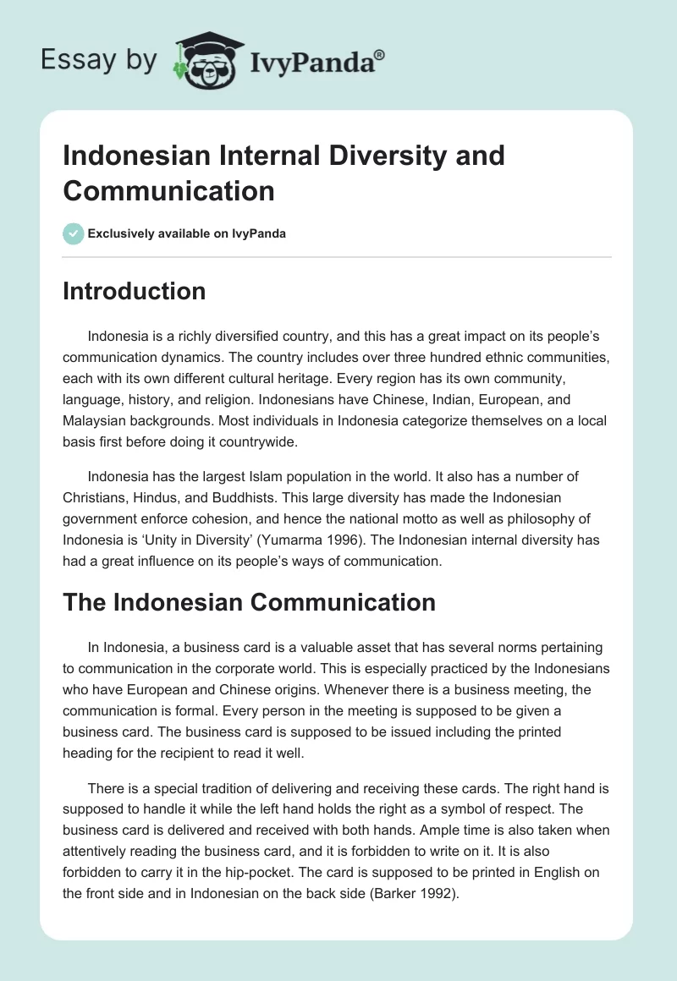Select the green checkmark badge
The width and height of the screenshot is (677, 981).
(74, 233)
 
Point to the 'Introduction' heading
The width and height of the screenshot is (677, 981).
(135, 291)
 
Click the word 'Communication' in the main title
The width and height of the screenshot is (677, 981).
(169, 190)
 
